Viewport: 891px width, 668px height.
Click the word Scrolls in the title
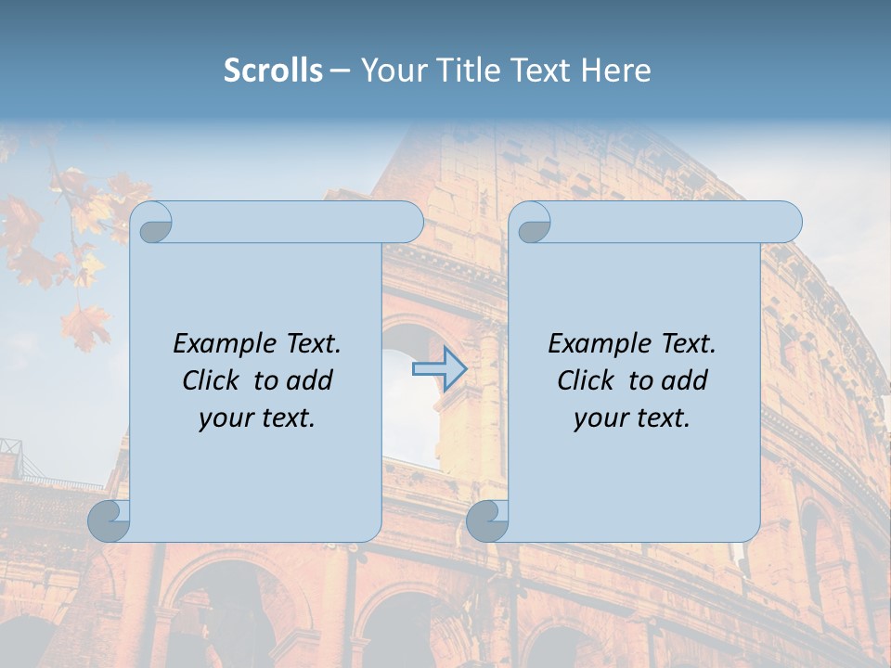(273, 71)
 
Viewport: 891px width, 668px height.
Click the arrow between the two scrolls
(439, 369)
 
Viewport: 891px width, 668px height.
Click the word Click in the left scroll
(212, 380)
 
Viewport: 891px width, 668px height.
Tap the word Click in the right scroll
(587, 380)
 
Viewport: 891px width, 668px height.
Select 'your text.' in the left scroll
(257, 418)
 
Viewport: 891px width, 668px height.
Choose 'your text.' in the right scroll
(632, 418)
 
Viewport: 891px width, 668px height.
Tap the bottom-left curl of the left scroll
(108, 521)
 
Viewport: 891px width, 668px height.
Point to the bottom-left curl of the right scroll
(486, 521)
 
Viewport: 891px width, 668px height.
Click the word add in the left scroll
(311, 380)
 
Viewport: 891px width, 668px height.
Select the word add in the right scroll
(686, 380)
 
